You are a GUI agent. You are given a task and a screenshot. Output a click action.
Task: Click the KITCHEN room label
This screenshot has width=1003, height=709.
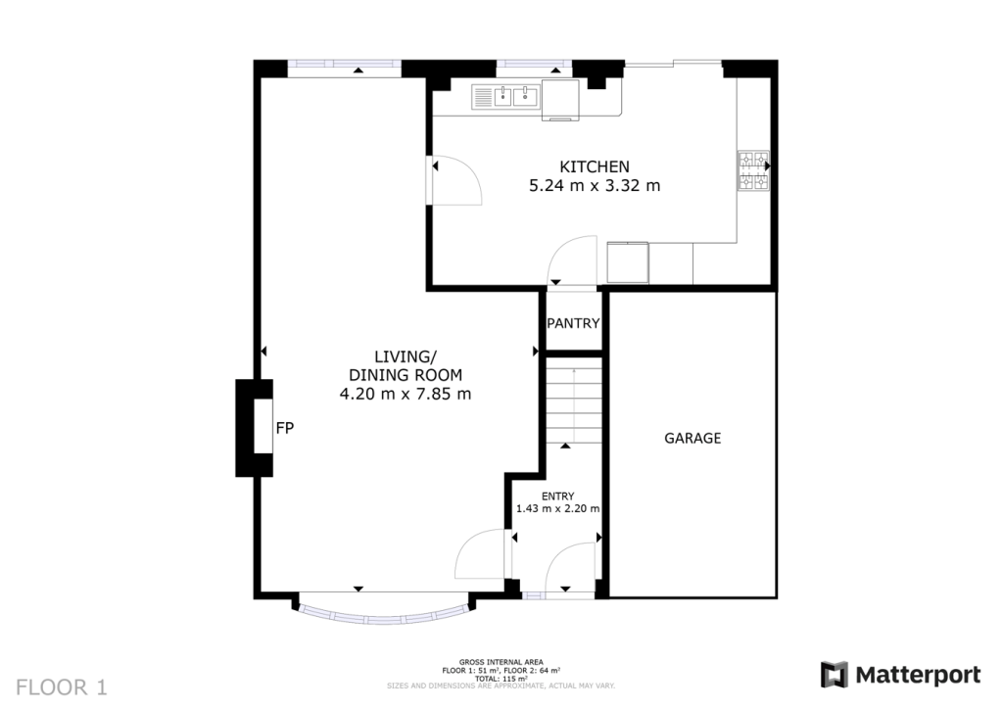click(594, 165)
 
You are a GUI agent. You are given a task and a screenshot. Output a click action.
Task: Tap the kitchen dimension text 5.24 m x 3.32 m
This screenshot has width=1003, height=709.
click(594, 185)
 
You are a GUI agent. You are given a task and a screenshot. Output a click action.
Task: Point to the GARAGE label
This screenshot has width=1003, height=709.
click(693, 438)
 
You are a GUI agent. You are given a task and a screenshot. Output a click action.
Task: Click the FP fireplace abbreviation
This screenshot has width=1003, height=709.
click(285, 428)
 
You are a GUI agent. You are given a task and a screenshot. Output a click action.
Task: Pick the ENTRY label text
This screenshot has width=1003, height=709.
click(558, 496)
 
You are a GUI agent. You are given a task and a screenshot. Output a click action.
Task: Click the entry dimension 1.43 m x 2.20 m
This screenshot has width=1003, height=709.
click(558, 509)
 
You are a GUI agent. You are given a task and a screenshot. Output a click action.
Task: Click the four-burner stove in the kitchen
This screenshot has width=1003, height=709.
click(753, 170)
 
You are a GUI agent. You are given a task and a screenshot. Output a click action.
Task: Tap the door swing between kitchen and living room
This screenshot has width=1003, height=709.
click(454, 180)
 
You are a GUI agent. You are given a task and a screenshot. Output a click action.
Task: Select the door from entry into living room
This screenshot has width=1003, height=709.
click(482, 555)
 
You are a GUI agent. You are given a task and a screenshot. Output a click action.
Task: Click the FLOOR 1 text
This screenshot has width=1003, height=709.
click(61, 686)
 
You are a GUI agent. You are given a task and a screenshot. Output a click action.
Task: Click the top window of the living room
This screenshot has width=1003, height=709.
click(344, 67)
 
